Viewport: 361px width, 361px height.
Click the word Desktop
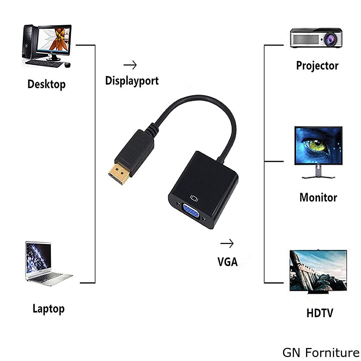pos(47,84)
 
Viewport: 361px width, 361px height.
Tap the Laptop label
pos(49,309)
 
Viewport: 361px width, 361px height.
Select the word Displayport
pos(132,81)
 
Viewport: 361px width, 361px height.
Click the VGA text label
pos(227,262)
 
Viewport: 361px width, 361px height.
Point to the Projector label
pos(317,66)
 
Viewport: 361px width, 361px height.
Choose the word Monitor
pos(318,197)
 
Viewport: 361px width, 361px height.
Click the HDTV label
pos(320,313)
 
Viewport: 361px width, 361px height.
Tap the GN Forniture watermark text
pos(321,352)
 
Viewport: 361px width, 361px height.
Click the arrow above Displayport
pos(130,65)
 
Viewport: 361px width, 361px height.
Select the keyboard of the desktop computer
pos(44,63)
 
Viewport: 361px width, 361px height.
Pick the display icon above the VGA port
pos(195,198)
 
